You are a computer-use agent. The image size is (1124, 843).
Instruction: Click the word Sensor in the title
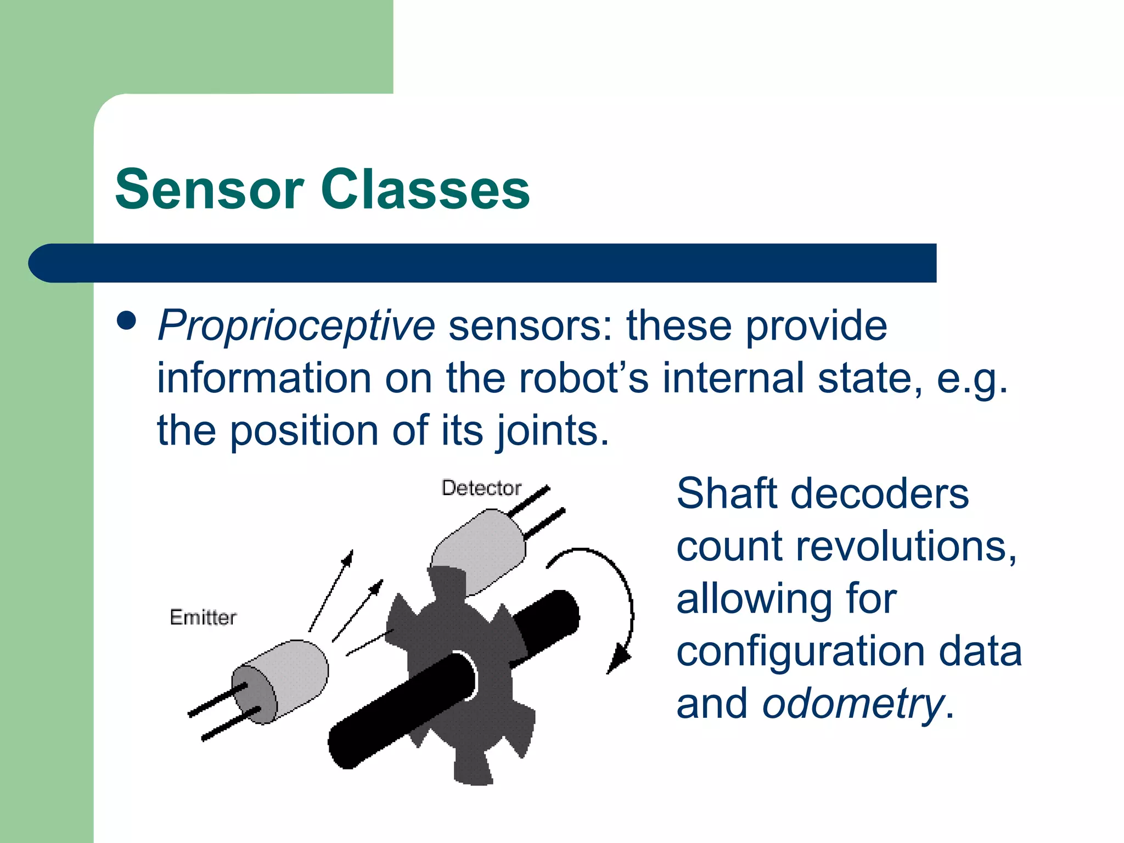click(x=209, y=189)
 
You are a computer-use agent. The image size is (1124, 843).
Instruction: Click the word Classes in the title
click(x=425, y=189)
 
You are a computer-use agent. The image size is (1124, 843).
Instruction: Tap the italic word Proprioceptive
click(x=296, y=326)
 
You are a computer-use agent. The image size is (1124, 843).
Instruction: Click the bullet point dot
click(x=127, y=321)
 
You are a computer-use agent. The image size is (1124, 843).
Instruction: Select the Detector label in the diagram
click(x=481, y=488)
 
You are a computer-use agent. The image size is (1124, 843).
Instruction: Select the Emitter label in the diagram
click(x=203, y=617)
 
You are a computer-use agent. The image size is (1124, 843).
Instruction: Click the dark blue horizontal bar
click(x=494, y=263)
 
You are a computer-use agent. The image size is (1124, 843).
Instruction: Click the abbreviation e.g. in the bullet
click(x=971, y=379)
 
